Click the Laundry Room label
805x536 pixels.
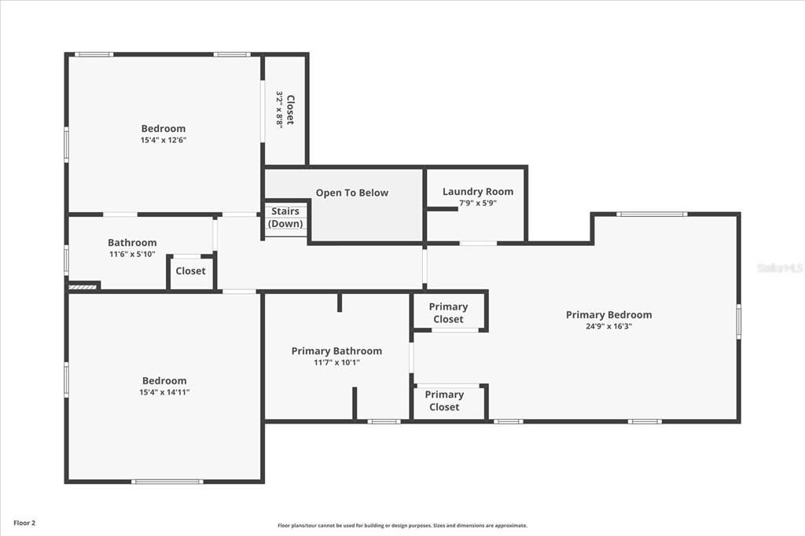tap(477, 192)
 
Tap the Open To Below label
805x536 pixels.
tap(351, 193)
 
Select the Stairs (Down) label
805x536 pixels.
tap(285, 218)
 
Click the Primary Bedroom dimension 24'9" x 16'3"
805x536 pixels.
tap(608, 326)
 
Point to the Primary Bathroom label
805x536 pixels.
tap(336, 351)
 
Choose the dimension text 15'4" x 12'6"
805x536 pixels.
tap(164, 140)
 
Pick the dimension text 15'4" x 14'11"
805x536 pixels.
tap(164, 392)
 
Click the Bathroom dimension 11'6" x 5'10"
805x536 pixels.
tap(132, 254)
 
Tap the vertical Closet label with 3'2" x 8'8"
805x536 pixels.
tap(285, 109)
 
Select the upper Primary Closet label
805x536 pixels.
tap(448, 313)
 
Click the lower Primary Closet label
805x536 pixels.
tap(444, 401)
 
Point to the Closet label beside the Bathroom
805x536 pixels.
tap(190, 271)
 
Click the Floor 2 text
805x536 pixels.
tap(24, 523)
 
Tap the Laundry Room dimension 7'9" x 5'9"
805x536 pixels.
tap(477, 203)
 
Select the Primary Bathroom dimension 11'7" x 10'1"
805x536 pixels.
tap(336, 362)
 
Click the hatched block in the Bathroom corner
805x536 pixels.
tap(83, 287)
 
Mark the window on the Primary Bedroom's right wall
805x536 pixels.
tap(738, 321)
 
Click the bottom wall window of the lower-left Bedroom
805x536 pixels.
tap(167, 482)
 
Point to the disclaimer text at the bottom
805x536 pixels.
tap(402, 526)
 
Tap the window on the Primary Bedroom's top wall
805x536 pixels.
tap(651, 214)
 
